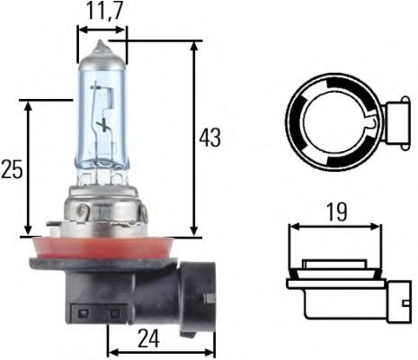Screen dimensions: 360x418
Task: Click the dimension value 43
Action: (x=209, y=138)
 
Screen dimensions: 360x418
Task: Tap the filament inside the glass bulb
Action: (x=105, y=126)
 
